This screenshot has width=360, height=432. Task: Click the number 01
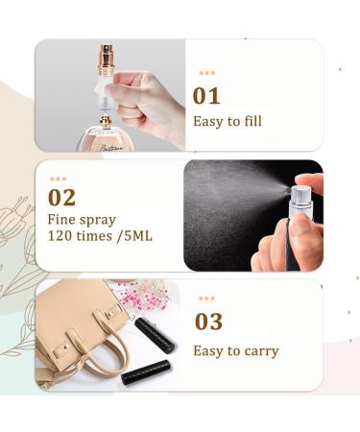pos(206,95)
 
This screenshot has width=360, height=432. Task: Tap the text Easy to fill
pos(227,121)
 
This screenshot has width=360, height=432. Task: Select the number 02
pos(62,199)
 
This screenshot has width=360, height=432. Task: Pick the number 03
pos(208,322)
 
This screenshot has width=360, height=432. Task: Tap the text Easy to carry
pos(235,350)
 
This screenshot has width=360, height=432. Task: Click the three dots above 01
pos(206,73)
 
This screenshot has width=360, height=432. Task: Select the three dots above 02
pos(59,179)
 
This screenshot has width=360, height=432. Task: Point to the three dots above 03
pos(207,300)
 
